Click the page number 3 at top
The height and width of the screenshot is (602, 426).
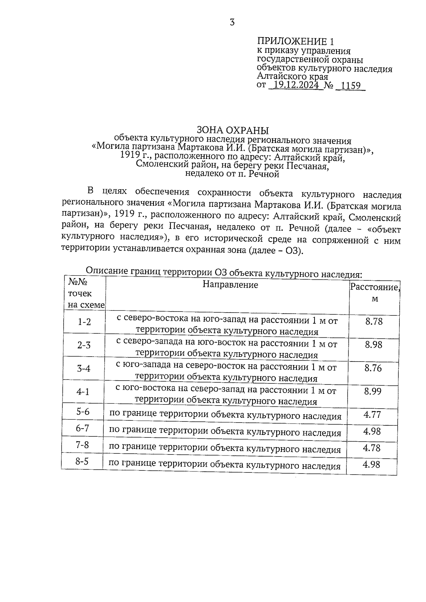(x=232, y=23)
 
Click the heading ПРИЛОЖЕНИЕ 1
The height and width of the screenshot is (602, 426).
(x=295, y=41)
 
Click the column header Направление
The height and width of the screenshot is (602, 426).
(x=230, y=285)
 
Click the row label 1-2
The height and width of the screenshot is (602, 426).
(x=84, y=322)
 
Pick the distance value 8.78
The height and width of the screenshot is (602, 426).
(x=373, y=322)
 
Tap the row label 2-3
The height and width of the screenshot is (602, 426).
(x=84, y=345)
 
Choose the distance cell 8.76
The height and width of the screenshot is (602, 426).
(x=373, y=368)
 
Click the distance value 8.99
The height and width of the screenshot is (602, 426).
(x=373, y=391)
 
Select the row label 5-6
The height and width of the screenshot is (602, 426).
(x=83, y=412)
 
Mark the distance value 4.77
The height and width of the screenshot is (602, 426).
(x=372, y=414)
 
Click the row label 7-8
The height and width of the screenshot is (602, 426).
(x=82, y=445)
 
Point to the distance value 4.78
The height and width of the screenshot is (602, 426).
(x=371, y=448)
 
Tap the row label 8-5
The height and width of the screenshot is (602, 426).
(x=82, y=462)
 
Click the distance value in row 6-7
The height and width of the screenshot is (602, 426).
(x=372, y=431)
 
